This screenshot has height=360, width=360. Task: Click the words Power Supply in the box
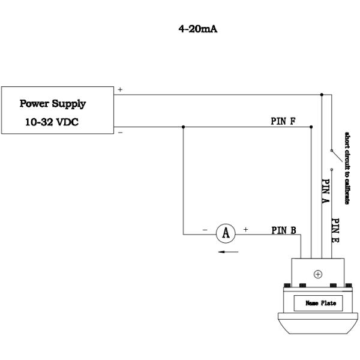pyautogui.click(x=53, y=103)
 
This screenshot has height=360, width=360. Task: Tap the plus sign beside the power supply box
pyautogui.click(x=120, y=89)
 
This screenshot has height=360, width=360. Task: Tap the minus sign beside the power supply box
pyautogui.click(x=120, y=132)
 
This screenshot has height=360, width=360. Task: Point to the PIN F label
pyautogui.click(x=283, y=121)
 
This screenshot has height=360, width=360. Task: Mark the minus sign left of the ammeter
pyautogui.click(x=205, y=230)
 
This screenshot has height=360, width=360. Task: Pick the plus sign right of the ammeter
pyautogui.click(x=245, y=230)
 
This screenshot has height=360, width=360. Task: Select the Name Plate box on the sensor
pyautogui.click(x=317, y=303)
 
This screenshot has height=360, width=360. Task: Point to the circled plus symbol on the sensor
pyautogui.click(x=317, y=274)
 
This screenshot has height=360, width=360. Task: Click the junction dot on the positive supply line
pyautogui.click(x=322, y=95)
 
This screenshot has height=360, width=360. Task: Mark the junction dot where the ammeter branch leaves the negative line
pyautogui.click(x=182, y=127)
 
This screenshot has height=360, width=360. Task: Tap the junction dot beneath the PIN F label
pyautogui.click(x=311, y=127)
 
